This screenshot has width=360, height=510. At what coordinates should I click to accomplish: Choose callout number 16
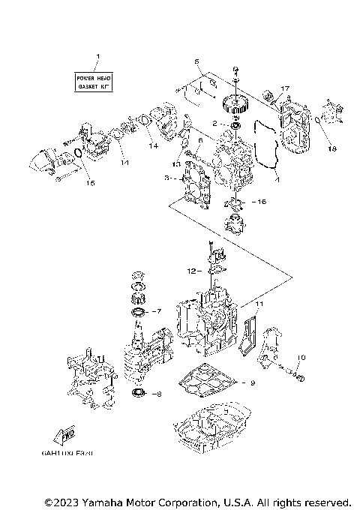[262, 202]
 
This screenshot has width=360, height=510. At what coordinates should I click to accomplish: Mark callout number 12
[192, 270]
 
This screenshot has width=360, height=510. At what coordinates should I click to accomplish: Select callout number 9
[252, 383]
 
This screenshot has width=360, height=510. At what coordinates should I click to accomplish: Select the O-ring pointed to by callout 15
[77, 154]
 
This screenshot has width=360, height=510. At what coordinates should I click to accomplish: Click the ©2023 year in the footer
[58, 501]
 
